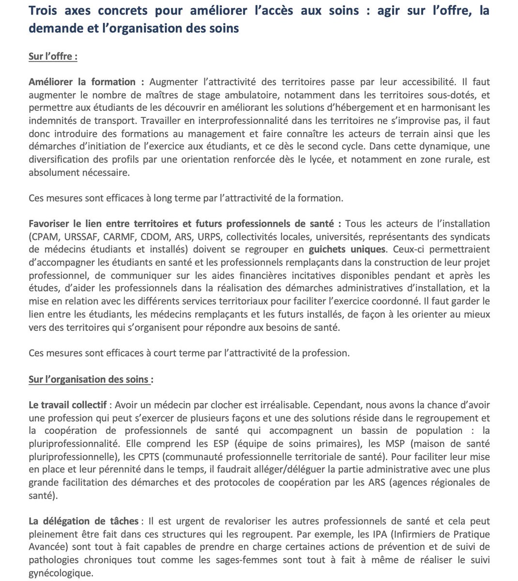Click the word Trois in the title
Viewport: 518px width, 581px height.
click(x=44, y=11)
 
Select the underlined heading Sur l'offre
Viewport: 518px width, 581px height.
click(x=53, y=56)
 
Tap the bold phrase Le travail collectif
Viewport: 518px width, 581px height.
click(x=67, y=405)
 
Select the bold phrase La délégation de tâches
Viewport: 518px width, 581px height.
click(x=84, y=521)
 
